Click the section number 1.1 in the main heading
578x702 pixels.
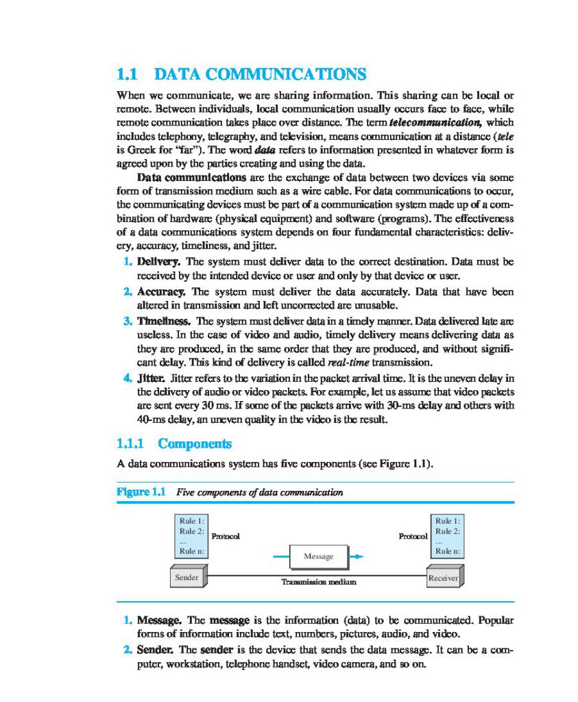[128, 74]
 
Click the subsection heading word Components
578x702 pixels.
[195, 444]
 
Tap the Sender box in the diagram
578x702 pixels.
[186, 578]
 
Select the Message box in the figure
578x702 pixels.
[318, 556]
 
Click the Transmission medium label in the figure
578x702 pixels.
[320, 582]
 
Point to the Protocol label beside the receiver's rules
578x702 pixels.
[413, 535]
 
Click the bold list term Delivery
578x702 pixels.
[158, 261]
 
